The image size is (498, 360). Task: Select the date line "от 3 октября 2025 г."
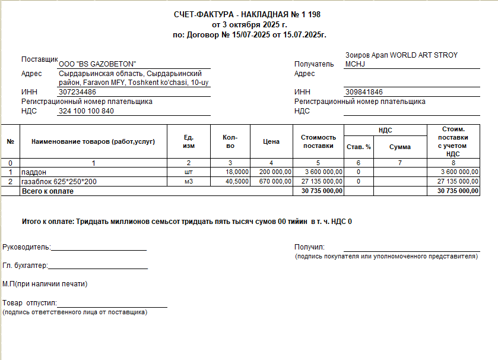coord(249,25)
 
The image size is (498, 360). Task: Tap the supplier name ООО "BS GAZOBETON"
coord(98,64)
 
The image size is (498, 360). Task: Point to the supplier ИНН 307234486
coord(78,92)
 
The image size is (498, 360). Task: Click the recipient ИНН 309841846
coord(364,92)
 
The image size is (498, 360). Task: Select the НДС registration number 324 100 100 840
coord(86,111)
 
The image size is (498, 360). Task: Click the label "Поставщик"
coord(39,60)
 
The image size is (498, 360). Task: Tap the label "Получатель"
coord(315,64)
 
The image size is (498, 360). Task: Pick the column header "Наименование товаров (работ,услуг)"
coord(93,141)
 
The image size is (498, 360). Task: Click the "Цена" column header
coord(271,142)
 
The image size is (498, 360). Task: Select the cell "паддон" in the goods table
coord(34,172)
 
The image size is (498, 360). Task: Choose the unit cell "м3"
coord(189,181)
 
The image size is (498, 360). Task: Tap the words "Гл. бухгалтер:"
coord(25,266)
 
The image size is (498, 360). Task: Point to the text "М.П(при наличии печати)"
coord(45,284)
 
